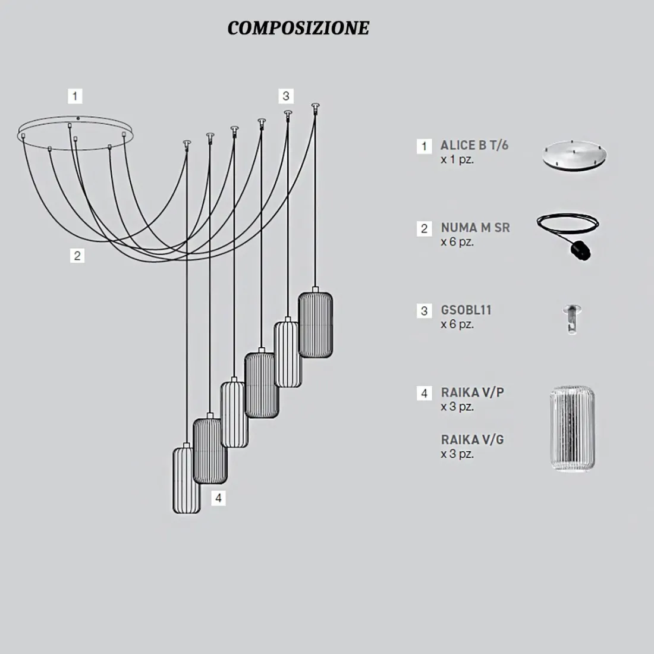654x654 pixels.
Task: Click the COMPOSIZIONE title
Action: pyautogui.click(x=298, y=28)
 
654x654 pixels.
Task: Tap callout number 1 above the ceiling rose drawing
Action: pyautogui.click(x=75, y=96)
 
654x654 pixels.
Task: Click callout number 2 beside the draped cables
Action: pyautogui.click(x=77, y=256)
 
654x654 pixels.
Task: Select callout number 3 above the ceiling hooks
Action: pyautogui.click(x=286, y=96)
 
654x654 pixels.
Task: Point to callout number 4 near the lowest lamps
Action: pyautogui.click(x=218, y=498)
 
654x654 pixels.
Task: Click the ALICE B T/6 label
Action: pyautogui.click(x=474, y=145)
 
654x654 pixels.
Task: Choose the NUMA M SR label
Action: pyautogui.click(x=476, y=227)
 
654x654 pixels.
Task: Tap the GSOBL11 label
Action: pyautogui.click(x=466, y=310)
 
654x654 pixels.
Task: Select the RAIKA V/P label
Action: pyautogui.click(x=473, y=392)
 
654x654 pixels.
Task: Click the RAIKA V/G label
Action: pyautogui.click(x=473, y=439)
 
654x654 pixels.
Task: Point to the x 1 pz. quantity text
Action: pyautogui.click(x=457, y=159)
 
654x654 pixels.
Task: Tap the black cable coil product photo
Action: pyautogui.click(x=568, y=235)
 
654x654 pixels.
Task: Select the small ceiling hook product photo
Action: pyautogui.click(x=572, y=319)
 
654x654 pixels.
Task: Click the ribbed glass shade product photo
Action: pyautogui.click(x=572, y=429)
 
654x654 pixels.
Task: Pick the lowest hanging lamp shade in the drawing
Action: pyautogui.click(x=187, y=480)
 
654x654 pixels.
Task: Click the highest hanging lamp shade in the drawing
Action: pyautogui.click(x=315, y=323)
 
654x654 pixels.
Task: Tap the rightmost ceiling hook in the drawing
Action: pyautogui.click(x=315, y=108)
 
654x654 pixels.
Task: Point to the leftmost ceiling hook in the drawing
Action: pyautogui.click(x=187, y=144)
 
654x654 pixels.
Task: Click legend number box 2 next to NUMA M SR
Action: pyautogui.click(x=424, y=228)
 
